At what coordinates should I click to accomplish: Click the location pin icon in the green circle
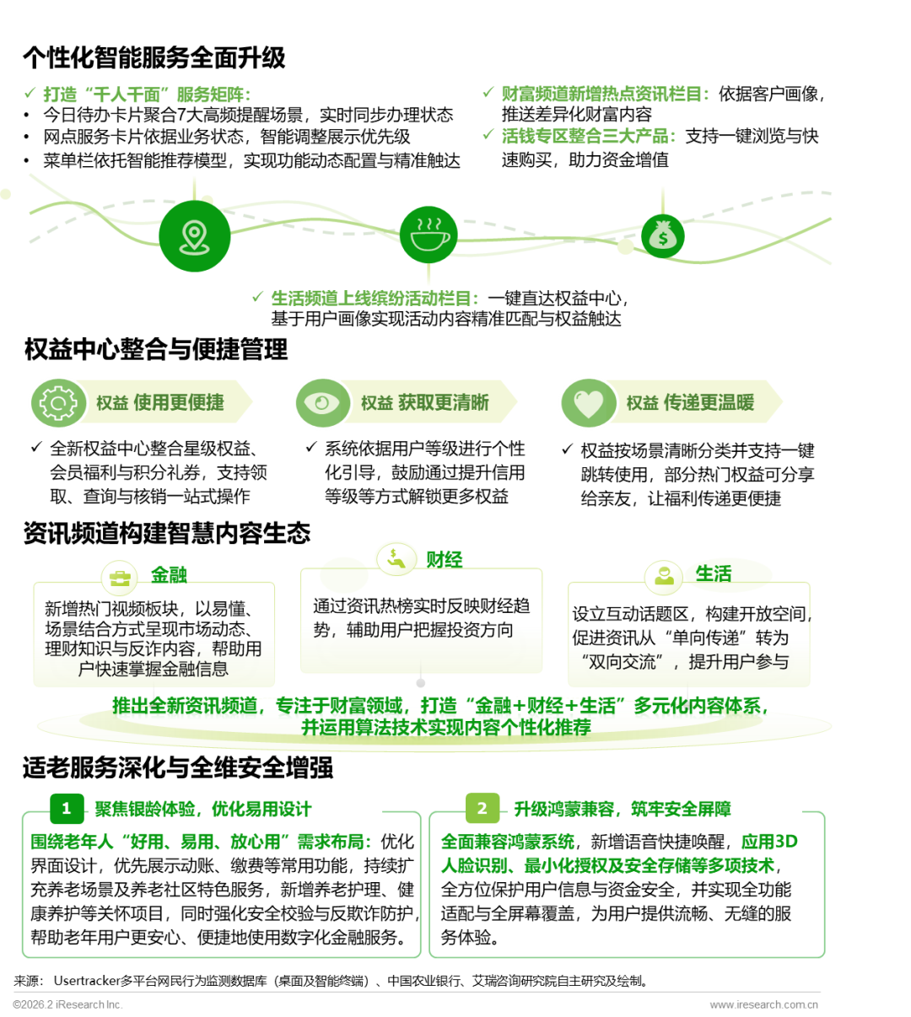click(x=194, y=237)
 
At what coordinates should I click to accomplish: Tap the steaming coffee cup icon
click(x=430, y=234)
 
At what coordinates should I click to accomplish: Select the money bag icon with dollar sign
click(x=662, y=235)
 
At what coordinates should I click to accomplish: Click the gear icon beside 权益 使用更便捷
click(x=58, y=402)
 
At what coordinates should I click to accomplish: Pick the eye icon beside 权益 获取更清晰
click(x=322, y=402)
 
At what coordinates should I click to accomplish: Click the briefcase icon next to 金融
click(x=120, y=578)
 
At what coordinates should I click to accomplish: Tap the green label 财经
click(x=444, y=559)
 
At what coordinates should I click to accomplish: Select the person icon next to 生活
click(x=664, y=576)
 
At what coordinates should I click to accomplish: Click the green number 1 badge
click(x=67, y=808)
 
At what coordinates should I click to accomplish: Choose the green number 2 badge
click(x=482, y=808)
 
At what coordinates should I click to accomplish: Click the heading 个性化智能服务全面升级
click(x=154, y=57)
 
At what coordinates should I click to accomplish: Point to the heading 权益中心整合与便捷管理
click(x=156, y=349)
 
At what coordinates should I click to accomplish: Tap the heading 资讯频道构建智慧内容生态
click(x=167, y=533)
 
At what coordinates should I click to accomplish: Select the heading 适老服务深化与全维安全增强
click(x=178, y=767)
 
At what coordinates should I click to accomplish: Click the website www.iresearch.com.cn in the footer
click(x=763, y=1004)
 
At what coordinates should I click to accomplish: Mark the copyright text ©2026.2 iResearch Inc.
click(x=67, y=1004)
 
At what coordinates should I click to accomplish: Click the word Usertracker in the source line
click(x=87, y=981)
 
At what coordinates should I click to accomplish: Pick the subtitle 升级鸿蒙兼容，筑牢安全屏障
click(x=623, y=809)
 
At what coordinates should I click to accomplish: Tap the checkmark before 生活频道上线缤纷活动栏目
click(x=257, y=297)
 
